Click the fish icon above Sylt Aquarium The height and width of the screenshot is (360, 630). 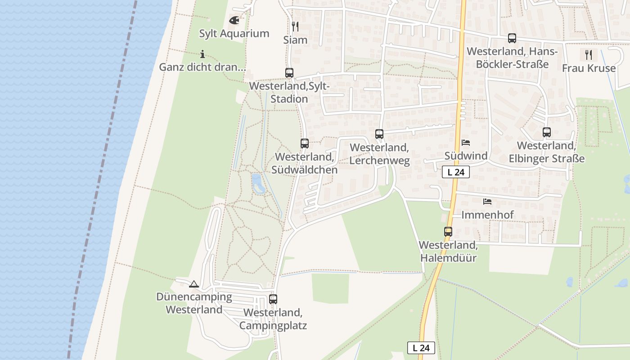[x=234, y=20]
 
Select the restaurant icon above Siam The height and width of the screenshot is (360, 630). [x=295, y=27]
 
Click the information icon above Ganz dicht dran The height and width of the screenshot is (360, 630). [x=202, y=54]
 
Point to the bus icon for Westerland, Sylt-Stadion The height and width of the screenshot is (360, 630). [x=289, y=72]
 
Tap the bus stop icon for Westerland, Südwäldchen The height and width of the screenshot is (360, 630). [x=305, y=144]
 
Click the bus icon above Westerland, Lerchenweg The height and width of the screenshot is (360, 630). [x=379, y=134]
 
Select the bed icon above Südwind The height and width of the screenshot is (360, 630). [x=466, y=143]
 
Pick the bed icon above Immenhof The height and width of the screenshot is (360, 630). [x=487, y=202]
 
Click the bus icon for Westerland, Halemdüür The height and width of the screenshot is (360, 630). [x=448, y=232]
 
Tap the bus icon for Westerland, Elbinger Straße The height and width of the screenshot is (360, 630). [x=547, y=132]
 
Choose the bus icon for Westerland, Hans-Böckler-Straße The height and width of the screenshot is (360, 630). [x=512, y=38]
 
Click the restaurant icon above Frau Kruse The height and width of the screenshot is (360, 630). [x=589, y=55]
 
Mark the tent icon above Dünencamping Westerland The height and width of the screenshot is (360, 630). [x=194, y=284]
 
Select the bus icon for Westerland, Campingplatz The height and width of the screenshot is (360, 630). [x=273, y=299]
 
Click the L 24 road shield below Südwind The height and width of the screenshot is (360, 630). [x=456, y=172]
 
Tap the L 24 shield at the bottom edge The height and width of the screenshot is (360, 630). [x=421, y=347]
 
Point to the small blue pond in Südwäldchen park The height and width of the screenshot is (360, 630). [x=257, y=184]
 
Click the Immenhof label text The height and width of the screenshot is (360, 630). [x=487, y=215]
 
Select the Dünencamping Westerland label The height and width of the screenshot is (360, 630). [x=194, y=303]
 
